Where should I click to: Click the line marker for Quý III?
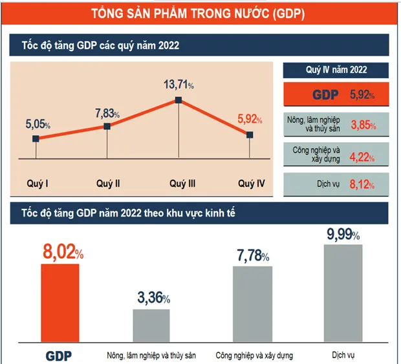point(178,100)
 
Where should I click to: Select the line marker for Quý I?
point(36,138)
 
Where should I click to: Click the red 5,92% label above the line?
point(250,119)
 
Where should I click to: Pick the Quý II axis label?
point(108,184)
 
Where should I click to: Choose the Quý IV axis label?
point(251,184)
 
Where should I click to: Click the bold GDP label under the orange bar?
point(59,355)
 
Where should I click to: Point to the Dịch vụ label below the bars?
point(342,355)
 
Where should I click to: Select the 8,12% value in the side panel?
point(362,185)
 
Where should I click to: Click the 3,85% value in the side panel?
point(362,125)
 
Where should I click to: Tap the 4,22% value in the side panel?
point(362,155)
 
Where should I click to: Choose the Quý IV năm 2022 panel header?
point(336,70)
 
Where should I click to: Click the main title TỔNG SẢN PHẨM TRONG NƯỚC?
point(199,13)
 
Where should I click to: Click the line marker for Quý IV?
point(250,134)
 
